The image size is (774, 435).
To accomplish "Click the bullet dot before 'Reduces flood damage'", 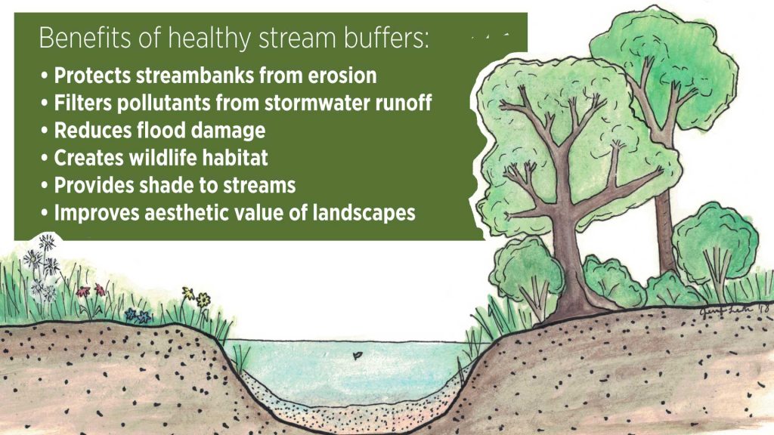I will point(45,131).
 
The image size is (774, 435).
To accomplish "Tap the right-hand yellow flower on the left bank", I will point(203,299).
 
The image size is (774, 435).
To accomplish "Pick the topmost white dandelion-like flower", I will point(47,242).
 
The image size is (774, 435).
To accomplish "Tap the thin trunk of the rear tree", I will point(665,227).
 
